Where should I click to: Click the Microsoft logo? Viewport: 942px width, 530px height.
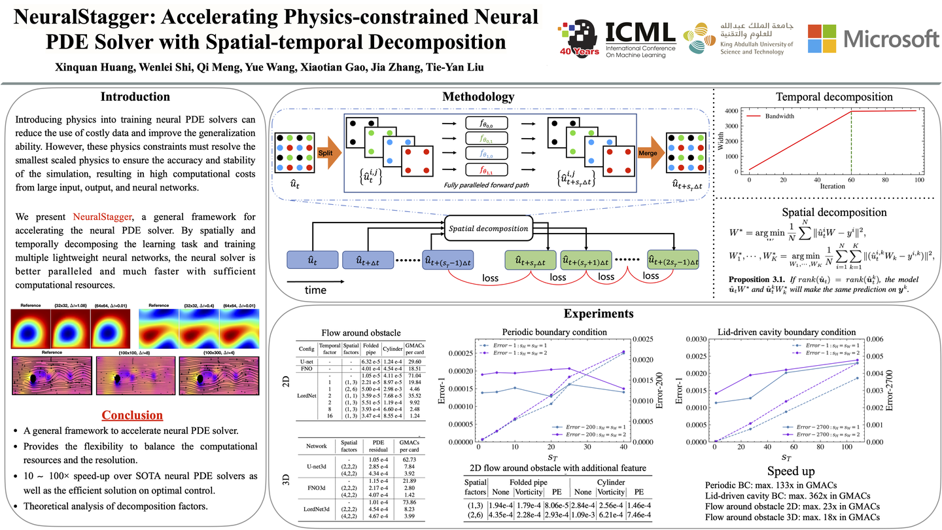873,39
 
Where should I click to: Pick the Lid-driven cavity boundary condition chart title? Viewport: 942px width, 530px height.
786,332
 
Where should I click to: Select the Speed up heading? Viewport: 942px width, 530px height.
791,472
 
